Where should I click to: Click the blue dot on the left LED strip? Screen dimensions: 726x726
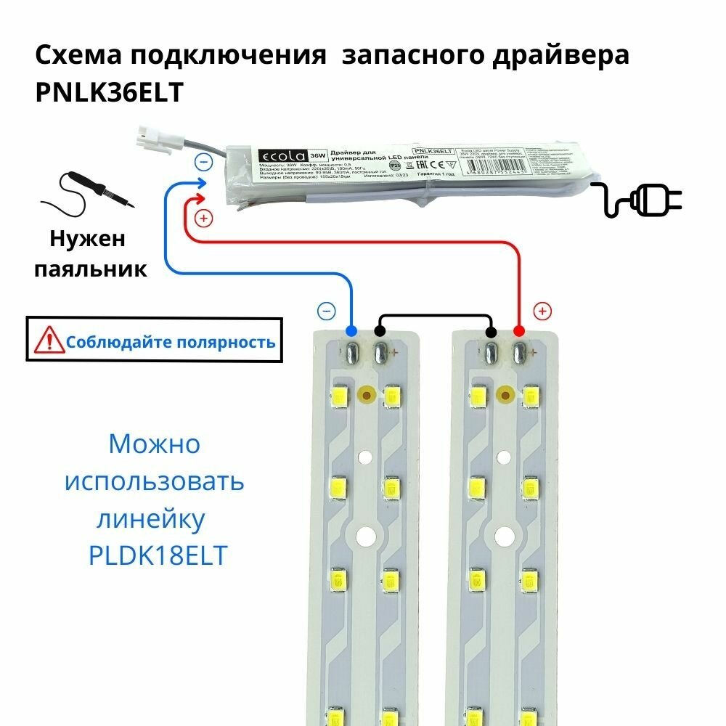(x=351, y=331)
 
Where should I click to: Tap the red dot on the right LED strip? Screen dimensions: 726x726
(x=519, y=331)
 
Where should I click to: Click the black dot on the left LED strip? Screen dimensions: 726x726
(x=379, y=332)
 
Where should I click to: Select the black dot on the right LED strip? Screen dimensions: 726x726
(x=491, y=332)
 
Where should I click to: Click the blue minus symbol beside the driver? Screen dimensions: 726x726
(x=205, y=163)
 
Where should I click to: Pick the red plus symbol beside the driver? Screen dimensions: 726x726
(x=204, y=217)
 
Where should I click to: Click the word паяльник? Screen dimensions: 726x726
(x=91, y=270)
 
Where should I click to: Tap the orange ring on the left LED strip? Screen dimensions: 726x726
(x=366, y=395)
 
